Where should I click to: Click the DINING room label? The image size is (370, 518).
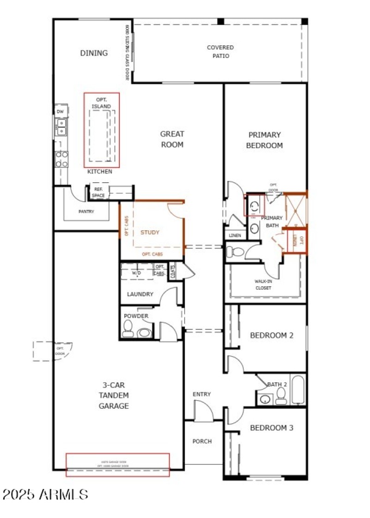tap(94, 53)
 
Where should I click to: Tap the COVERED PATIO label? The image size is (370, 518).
tap(220, 51)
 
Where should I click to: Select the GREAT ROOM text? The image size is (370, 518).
tap(172, 139)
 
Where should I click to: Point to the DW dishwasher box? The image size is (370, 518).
tap(60, 111)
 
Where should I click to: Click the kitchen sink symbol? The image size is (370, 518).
tap(61, 127)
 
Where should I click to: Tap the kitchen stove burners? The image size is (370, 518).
tap(62, 159)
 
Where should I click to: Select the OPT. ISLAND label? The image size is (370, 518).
tap(101, 103)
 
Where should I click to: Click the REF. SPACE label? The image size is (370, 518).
tap(98, 192)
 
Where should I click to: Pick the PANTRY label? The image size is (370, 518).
tap(86, 212)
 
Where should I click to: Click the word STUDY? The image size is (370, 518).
tap(150, 233)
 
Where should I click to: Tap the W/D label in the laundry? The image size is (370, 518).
tap(136, 273)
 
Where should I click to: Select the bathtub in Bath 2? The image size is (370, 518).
tap(297, 389)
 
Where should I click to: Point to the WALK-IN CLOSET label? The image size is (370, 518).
tap(263, 284)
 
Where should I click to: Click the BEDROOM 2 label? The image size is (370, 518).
tap(271, 335)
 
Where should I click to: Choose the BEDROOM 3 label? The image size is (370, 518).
tap(271, 428)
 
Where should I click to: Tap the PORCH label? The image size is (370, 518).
tap(202, 441)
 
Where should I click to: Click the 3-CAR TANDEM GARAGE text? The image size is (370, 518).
tap(113, 395)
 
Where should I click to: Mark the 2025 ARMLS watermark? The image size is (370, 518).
tap(45, 494)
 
